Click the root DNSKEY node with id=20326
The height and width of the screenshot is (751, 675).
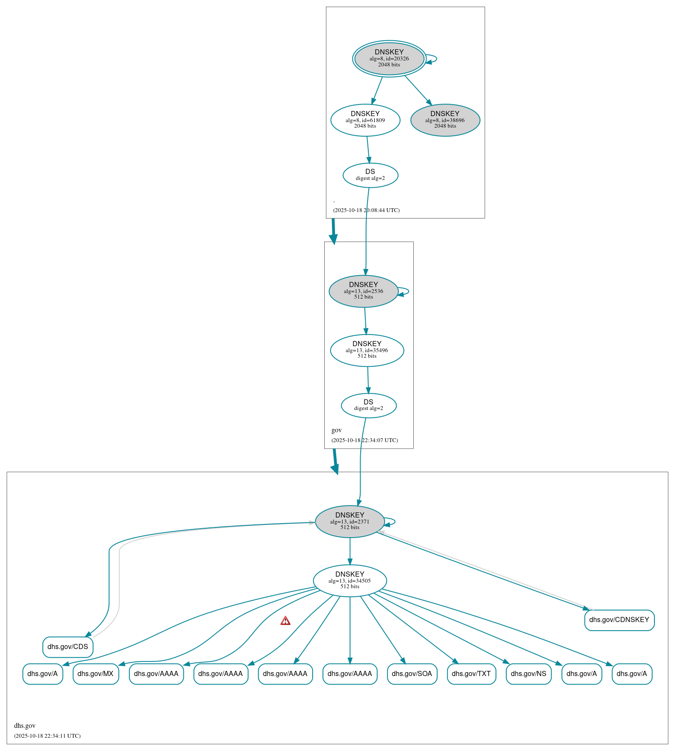point(389,59)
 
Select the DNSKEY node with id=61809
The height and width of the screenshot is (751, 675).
point(365,120)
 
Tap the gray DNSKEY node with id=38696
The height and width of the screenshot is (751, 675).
point(445,120)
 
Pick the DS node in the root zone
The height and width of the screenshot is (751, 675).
point(370,175)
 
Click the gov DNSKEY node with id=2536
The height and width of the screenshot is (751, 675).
point(363,291)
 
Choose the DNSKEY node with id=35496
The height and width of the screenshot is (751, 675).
point(367,350)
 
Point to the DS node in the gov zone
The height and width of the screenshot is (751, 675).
point(368,405)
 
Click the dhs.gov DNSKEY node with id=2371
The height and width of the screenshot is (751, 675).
point(349,521)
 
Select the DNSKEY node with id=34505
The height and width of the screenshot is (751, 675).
point(349,580)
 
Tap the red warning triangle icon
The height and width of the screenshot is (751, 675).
point(285,621)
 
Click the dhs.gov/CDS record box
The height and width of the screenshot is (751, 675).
point(68,646)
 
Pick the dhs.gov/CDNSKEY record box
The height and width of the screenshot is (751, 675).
point(619,619)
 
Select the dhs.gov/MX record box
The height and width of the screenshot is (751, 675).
point(96,673)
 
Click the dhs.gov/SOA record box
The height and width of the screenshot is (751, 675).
point(412,673)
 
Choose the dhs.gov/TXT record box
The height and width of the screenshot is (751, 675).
point(471,673)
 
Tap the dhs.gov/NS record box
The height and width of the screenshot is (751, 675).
point(528,673)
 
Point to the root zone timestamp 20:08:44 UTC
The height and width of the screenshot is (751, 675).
point(366,210)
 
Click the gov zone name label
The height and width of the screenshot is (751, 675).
point(337,430)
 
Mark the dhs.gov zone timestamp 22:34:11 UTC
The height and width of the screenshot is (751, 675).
point(47,736)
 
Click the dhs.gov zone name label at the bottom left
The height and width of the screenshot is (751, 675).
point(25,725)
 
